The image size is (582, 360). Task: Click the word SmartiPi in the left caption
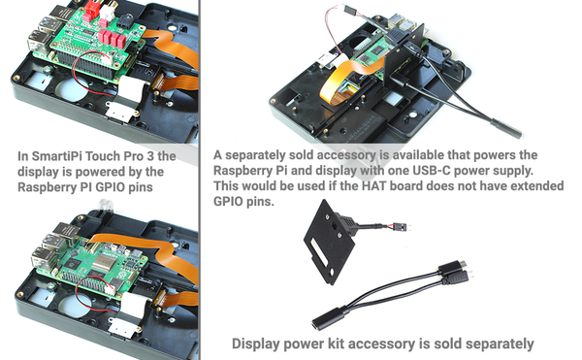coord(55,156)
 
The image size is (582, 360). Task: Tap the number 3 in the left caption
coord(150,156)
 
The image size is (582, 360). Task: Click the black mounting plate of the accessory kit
coord(329,242)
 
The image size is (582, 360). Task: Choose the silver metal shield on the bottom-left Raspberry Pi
coord(103,262)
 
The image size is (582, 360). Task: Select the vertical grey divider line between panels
coord(200,180)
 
